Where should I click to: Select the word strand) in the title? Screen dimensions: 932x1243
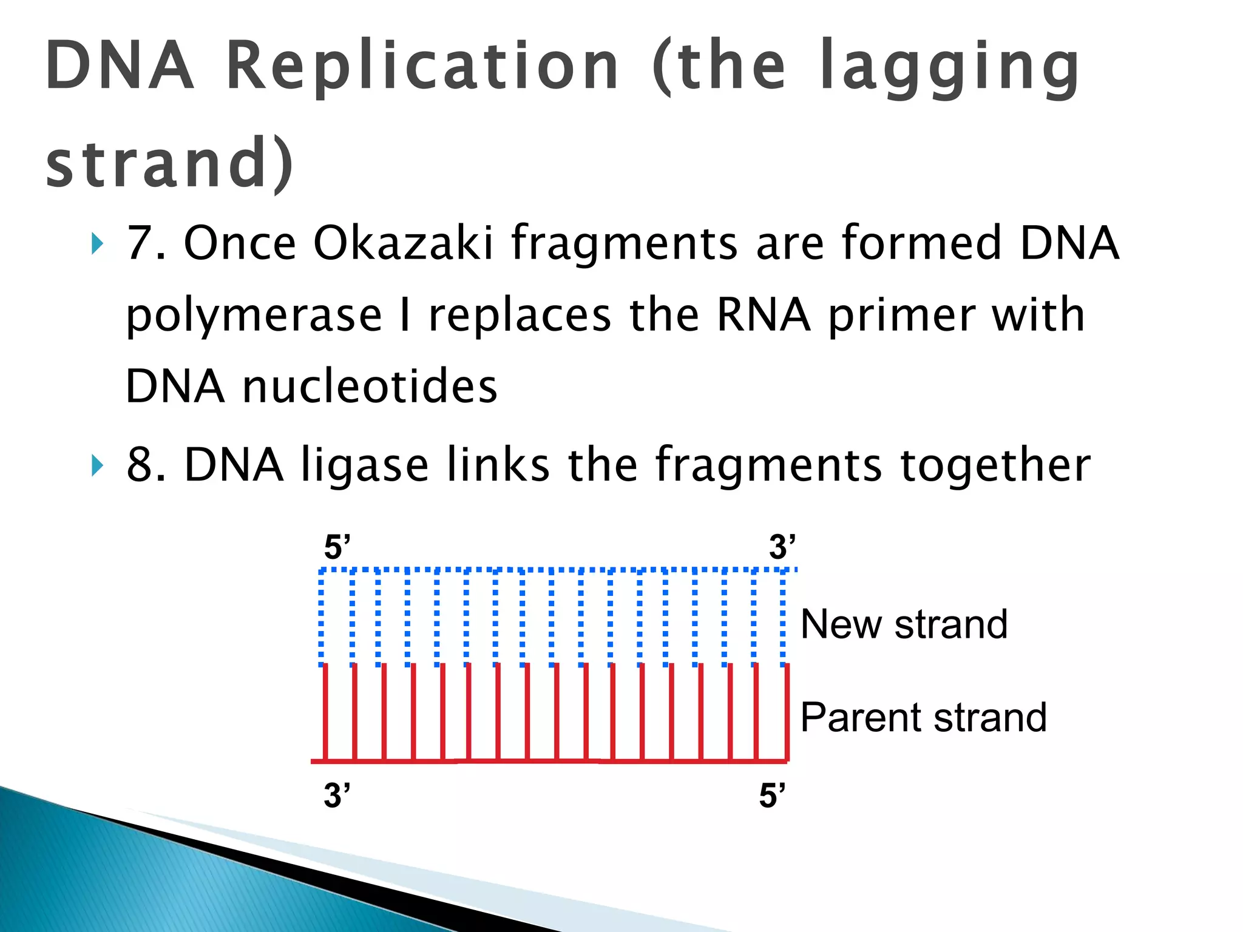coord(170,163)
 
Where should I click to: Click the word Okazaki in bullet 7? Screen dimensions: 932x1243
coord(404,243)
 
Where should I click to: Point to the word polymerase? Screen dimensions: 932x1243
coord(254,316)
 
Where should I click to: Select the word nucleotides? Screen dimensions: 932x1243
coord(370,387)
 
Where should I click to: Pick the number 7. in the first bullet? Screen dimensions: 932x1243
coord(146,243)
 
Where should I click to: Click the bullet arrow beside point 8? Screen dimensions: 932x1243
coord(97,466)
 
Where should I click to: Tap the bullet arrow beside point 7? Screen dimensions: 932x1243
coord(97,245)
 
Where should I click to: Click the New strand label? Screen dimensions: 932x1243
coord(904,624)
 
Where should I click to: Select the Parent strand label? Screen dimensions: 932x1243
coord(923,718)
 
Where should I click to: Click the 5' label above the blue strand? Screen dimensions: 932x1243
coord(337,547)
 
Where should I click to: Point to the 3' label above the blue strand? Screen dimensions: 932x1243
coord(782,547)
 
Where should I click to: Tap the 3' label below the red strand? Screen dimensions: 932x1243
coord(337,795)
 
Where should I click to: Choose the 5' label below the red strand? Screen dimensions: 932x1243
coord(772,795)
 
